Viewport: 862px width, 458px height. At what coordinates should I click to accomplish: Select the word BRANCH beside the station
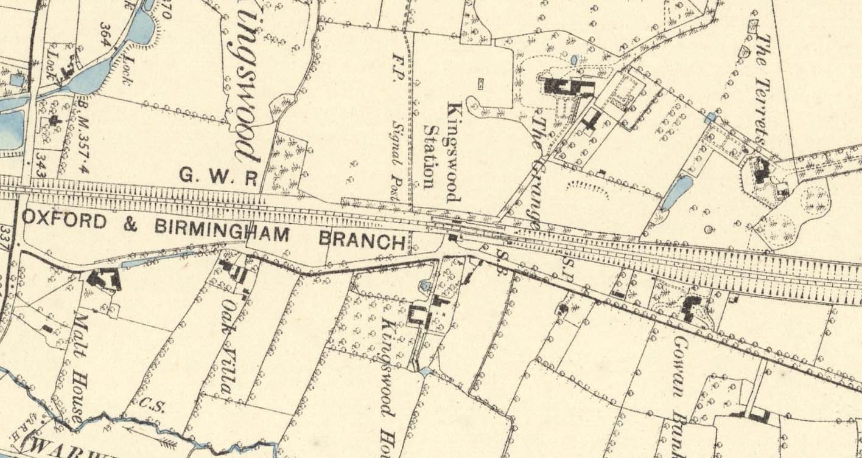click(362, 240)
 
